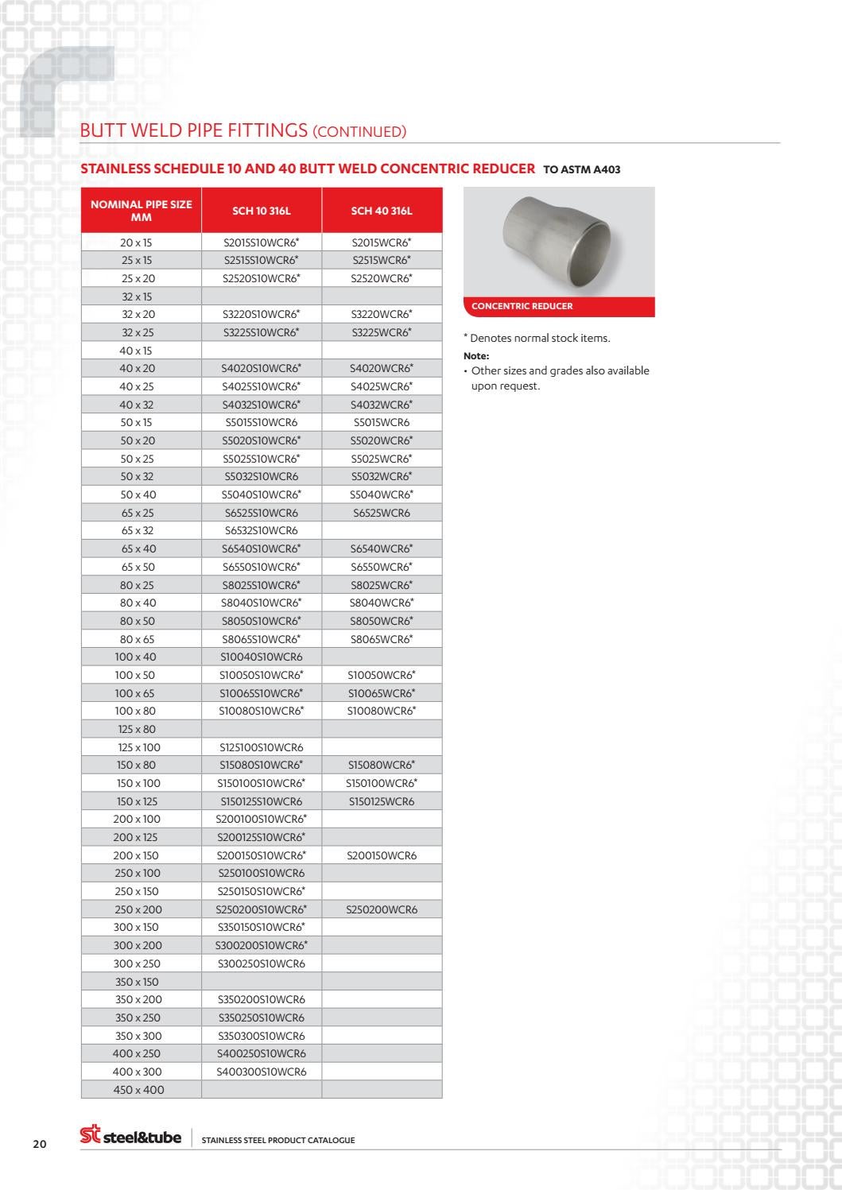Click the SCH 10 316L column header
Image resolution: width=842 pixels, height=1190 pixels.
pyautogui.click(x=262, y=211)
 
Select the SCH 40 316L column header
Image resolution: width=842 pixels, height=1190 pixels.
pyautogui.click(x=382, y=211)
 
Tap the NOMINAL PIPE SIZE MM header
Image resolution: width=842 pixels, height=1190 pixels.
pyautogui.click(x=142, y=211)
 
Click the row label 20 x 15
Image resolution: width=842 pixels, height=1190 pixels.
pyautogui.click(x=136, y=242)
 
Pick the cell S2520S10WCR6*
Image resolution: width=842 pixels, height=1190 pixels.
pyautogui.click(x=262, y=278)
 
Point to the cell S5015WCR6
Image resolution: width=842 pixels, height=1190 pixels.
pyautogui.click(x=382, y=422)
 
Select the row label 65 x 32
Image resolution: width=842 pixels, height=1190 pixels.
pyautogui.click(x=138, y=530)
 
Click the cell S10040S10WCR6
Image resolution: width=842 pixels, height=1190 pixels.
pyautogui.click(x=262, y=657)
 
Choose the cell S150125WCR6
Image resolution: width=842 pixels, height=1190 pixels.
pyautogui.click(x=382, y=801)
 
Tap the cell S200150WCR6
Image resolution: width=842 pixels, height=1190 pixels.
pyautogui.click(x=382, y=855)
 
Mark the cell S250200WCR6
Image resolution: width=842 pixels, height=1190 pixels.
pyautogui.click(x=382, y=909)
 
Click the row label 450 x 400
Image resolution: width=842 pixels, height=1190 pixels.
pyautogui.click(x=138, y=1090)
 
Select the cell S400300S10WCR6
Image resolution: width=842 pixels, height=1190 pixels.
pyautogui.click(x=262, y=1072)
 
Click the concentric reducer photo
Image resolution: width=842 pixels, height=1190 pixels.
pyautogui.click(x=559, y=242)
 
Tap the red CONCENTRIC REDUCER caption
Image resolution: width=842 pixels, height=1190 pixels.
pyautogui.click(x=522, y=306)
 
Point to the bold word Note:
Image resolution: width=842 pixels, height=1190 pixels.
pyautogui.click(x=476, y=356)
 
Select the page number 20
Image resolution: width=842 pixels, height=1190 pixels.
pyautogui.click(x=40, y=1144)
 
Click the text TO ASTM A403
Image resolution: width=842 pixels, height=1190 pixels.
pyautogui.click(x=581, y=169)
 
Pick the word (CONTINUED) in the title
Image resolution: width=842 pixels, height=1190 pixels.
pyautogui.click(x=359, y=132)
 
